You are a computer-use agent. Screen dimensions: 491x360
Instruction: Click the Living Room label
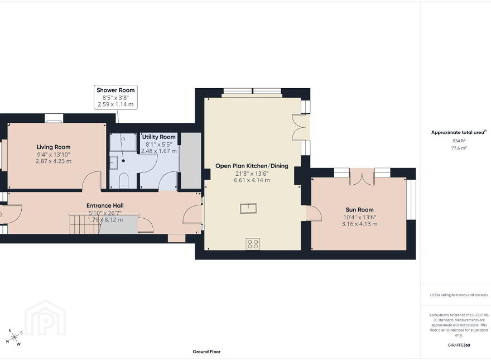pos(54,147)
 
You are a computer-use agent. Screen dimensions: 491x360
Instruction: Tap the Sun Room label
pos(359,210)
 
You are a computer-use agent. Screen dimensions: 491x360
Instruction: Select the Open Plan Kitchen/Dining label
pos(252,166)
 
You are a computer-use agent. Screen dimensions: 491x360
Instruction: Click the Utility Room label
pos(159,137)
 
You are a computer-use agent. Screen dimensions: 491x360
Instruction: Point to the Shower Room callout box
pos(115,97)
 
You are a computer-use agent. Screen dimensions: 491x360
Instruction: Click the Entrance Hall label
pos(105,205)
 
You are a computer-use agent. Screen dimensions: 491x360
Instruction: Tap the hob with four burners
pos(253,244)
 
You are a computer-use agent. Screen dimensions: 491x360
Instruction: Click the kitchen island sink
pos(248,208)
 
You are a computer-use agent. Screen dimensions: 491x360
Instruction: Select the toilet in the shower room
pos(124,180)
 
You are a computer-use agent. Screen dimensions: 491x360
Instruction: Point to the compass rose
pos(14,337)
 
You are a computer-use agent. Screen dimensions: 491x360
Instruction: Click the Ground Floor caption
pos(206,352)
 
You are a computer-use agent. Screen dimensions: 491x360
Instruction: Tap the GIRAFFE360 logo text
pos(459,345)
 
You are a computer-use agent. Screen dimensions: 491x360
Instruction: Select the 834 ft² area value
pos(459,141)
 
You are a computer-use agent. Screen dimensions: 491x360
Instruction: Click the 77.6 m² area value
pos(459,148)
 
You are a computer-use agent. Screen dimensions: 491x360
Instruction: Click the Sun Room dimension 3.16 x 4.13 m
pos(359,224)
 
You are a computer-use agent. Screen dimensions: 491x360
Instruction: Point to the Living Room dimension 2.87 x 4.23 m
pos(54,161)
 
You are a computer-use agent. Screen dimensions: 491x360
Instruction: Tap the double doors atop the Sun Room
pos(362,177)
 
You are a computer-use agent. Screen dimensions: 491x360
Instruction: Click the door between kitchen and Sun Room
pos(314,213)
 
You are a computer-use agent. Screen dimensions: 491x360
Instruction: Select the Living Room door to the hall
pos(92,181)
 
